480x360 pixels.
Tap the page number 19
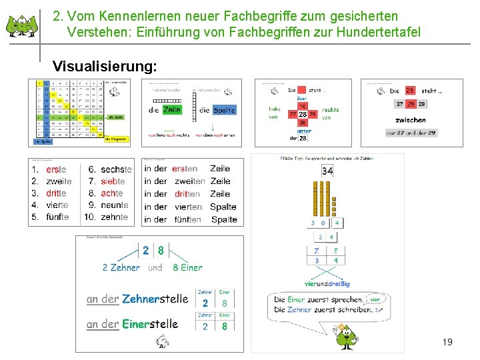click(x=447, y=342)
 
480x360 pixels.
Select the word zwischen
click(x=410, y=120)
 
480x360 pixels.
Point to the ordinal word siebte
click(x=113, y=181)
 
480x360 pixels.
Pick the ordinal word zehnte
click(x=114, y=217)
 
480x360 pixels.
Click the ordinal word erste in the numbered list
click(x=56, y=169)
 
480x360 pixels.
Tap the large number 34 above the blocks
click(x=327, y=171)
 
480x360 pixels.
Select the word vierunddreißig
click(x=327, y=283)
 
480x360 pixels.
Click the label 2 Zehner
click(x=121, y=267)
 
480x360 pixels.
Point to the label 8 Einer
click(x=187, y=267)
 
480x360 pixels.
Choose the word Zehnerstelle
click(x=155, y=299)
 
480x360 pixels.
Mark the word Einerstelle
click(x=150, y=324)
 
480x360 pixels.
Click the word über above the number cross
click(x=303, y=97)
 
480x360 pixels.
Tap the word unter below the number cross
click(x=303, y=131)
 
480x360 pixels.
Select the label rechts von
click(x=330, y=113)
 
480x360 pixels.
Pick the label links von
click(x=275, y=113)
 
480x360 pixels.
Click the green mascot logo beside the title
click(x=22, y=25)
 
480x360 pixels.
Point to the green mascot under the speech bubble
click(x=345, y=336)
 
